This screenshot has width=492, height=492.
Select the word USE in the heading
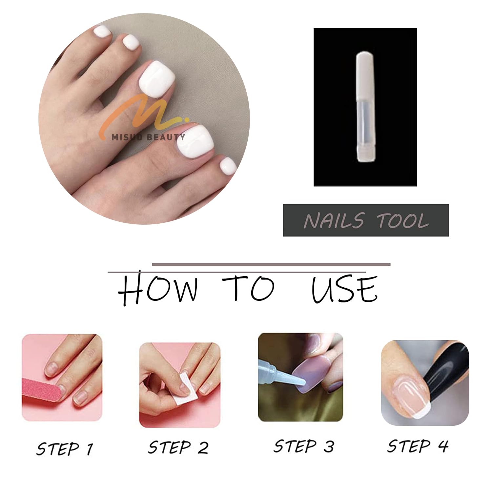[344, 290]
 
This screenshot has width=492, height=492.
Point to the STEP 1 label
[65, 448]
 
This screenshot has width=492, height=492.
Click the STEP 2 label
[178, 447]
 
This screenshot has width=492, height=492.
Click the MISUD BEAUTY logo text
[148, 137]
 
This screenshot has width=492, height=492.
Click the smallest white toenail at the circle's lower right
[228, 167]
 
